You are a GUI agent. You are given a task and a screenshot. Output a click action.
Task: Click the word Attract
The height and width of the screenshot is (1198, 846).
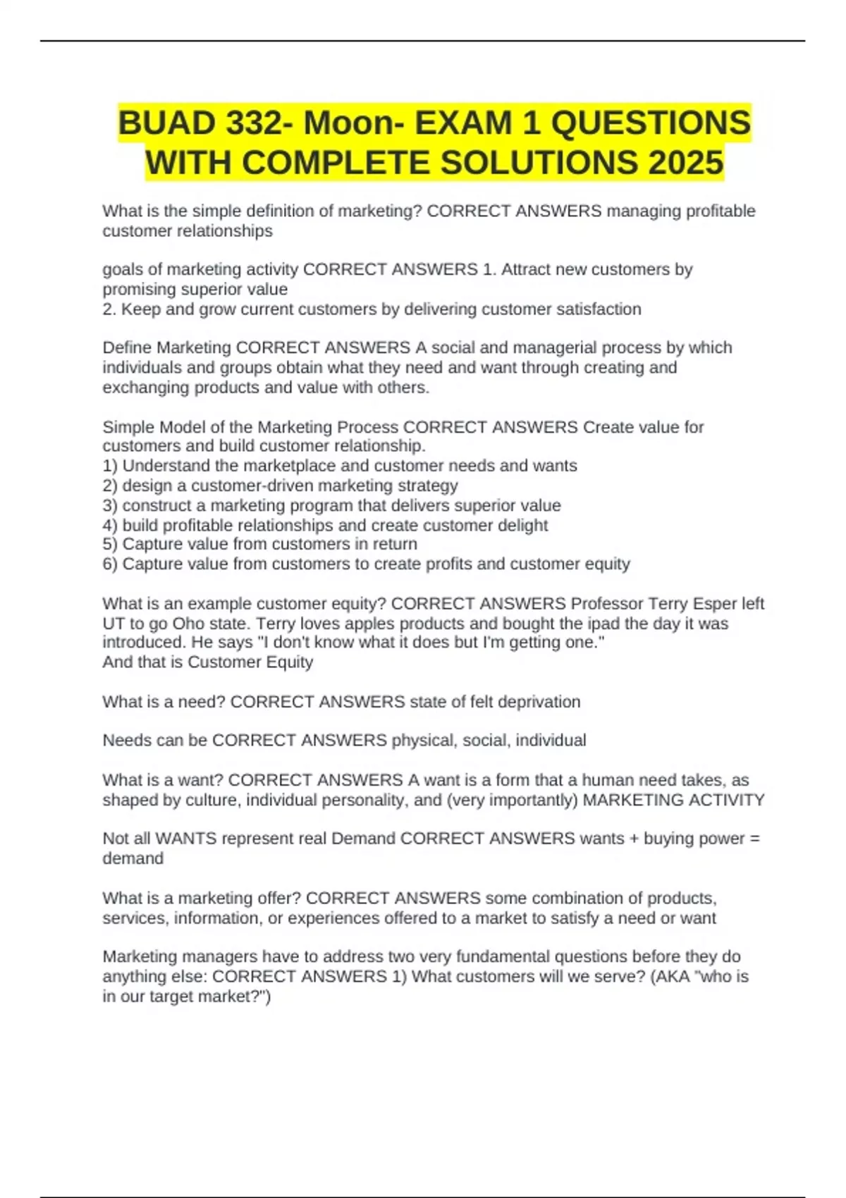coord(527,269)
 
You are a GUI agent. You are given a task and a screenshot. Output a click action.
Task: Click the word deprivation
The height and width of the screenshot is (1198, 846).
coord(539,702)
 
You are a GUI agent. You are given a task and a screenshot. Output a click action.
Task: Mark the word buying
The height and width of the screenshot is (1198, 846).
coord(654,839)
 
